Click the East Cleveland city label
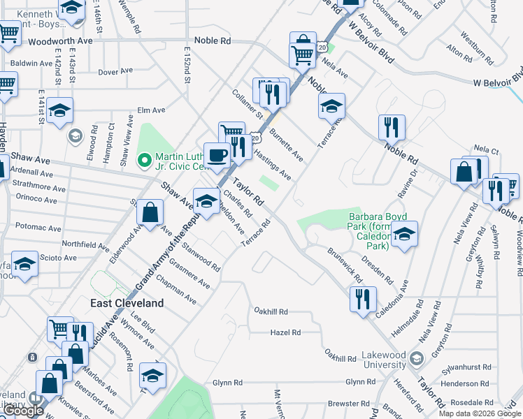point(127,303)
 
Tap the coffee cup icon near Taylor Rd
point(217,155)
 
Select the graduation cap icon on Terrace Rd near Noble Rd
point(331,106)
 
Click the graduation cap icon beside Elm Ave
point(60,110)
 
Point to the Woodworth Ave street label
point(60,42)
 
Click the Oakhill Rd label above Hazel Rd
point(271,311)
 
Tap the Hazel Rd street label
point(285,333)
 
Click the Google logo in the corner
point(23,411)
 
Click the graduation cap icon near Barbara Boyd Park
point(404,234)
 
